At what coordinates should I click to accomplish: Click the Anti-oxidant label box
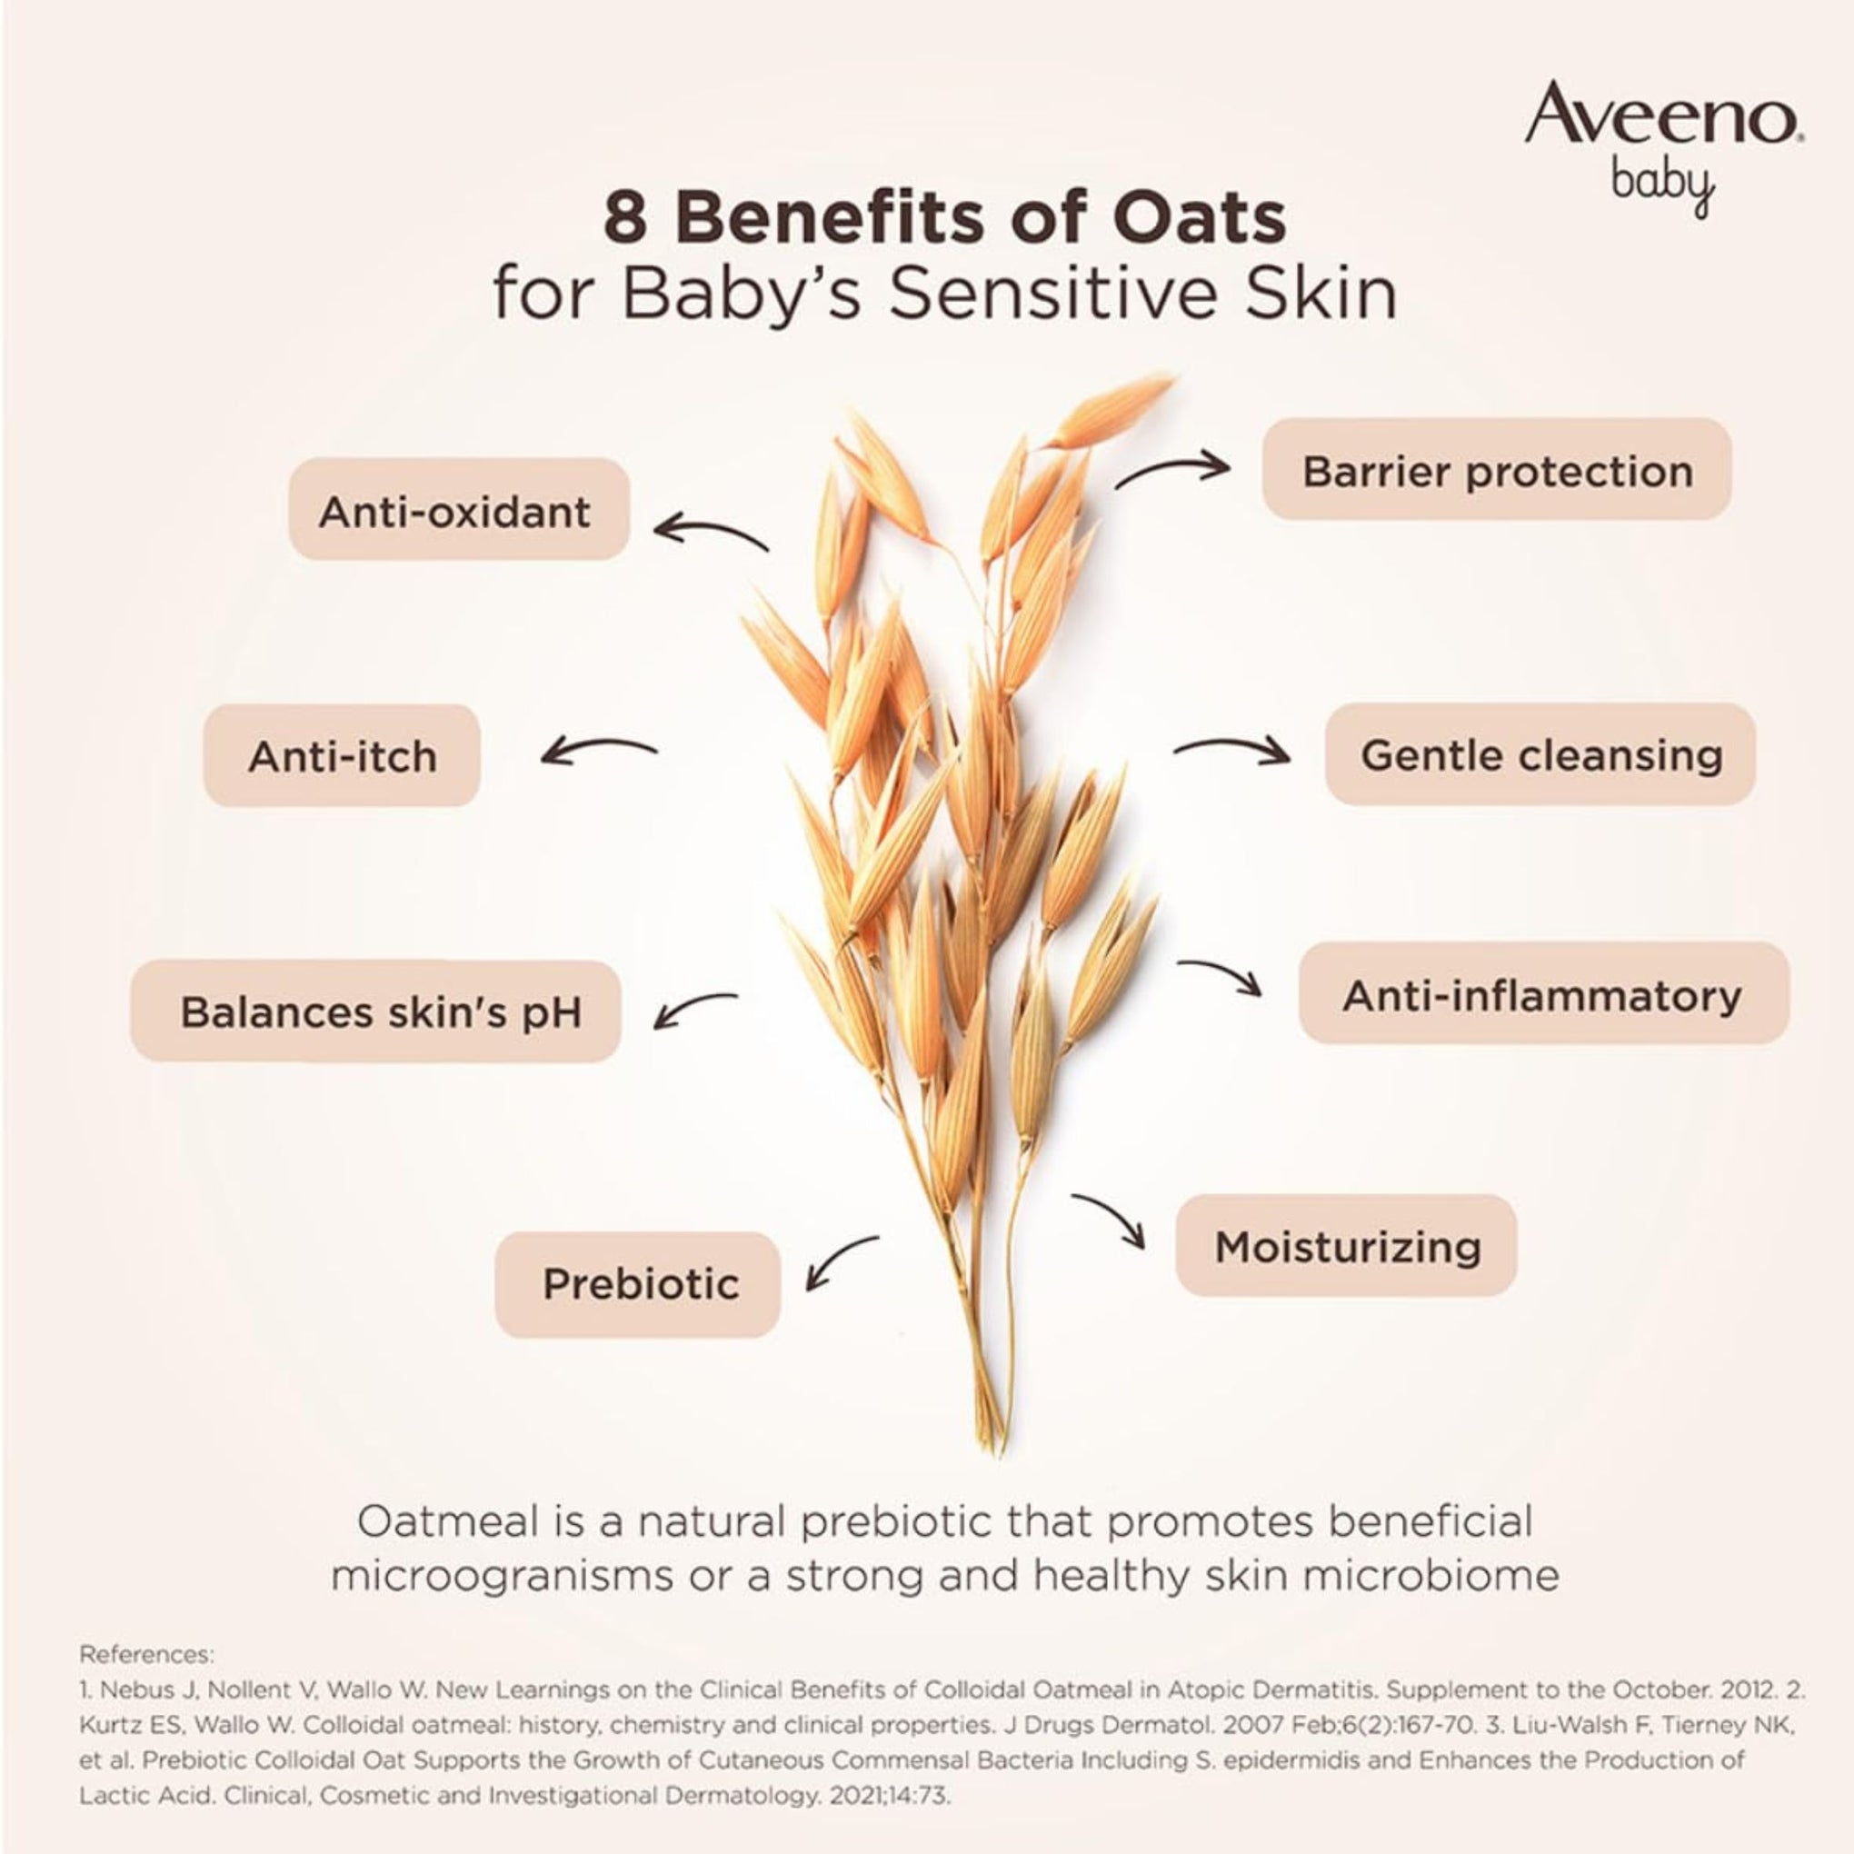459,510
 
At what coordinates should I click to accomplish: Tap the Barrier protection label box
1496,469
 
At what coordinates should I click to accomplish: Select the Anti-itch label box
342,755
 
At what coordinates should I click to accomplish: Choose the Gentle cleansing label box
1540,753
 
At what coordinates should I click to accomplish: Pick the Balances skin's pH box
376,1012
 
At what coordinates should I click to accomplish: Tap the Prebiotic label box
637,1284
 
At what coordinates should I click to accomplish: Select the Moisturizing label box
1345,1246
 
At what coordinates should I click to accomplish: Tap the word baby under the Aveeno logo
1662,181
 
